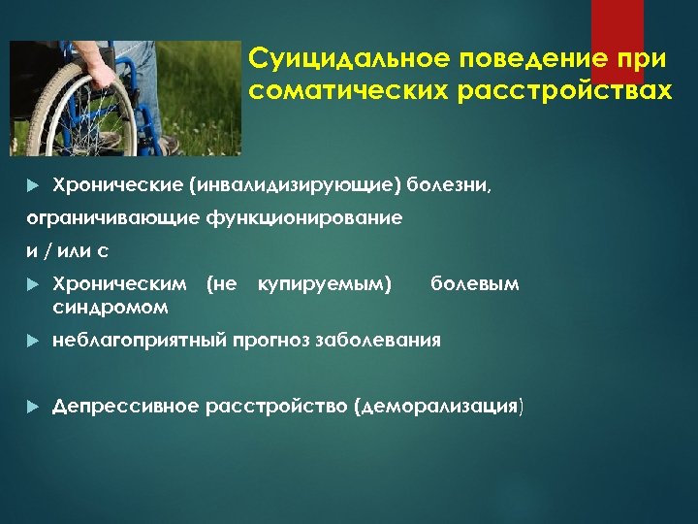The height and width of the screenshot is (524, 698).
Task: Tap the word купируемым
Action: [323, 283]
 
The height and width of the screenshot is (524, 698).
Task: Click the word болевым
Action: [474, 283]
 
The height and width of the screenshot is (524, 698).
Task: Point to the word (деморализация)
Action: [440, 406]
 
